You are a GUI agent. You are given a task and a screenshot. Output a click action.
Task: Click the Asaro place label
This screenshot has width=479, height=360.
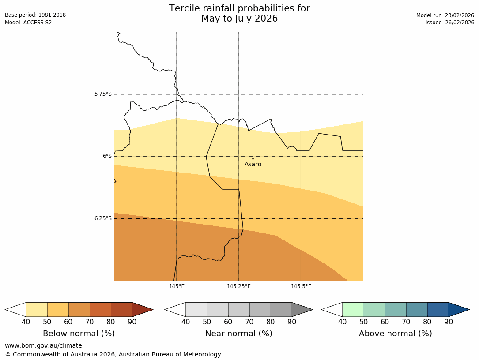tap(253, 165)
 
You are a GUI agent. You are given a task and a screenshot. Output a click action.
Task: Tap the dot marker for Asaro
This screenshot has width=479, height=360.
tap(253, 159)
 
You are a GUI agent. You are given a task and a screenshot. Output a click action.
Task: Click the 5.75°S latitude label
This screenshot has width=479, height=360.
tap(103, 94)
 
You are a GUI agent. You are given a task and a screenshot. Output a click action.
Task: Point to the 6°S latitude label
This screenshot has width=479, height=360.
tap(107, 156)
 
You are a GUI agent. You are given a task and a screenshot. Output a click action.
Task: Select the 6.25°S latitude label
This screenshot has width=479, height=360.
tap(103, 218)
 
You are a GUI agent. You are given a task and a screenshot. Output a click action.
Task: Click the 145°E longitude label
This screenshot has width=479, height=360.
tap(177, 286)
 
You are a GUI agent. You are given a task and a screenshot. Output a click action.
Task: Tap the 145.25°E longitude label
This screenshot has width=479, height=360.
tap(239, 286)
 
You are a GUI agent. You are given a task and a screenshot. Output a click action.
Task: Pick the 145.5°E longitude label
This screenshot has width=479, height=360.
tap(301, 286)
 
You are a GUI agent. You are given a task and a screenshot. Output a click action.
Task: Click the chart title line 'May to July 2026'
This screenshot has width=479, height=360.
tap(239, 19)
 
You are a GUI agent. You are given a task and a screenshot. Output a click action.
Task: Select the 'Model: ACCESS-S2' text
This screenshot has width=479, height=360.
tap(28, 22)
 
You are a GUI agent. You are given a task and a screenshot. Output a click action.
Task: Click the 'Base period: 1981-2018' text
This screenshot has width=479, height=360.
tap(35, 15)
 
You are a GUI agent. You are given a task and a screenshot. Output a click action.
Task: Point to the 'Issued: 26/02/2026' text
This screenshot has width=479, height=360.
tap(450, 22)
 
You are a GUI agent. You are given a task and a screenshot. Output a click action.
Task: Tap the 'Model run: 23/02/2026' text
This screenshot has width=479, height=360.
tap(445, 15)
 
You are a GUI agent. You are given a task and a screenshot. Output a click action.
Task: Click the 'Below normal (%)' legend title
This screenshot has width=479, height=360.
tap(79, 334)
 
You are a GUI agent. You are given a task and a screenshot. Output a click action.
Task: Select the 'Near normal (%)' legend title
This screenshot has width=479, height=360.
tap(238, 334)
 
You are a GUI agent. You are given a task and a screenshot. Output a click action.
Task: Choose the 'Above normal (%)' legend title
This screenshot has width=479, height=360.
tap(395, 334)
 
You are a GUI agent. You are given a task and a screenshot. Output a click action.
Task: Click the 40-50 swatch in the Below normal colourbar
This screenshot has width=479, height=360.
tap(37, 309)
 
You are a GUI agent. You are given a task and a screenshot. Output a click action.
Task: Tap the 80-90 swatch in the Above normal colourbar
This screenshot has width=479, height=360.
tap(438, 309)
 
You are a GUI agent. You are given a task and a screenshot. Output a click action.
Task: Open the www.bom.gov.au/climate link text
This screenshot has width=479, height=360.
tap(43, 345)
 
